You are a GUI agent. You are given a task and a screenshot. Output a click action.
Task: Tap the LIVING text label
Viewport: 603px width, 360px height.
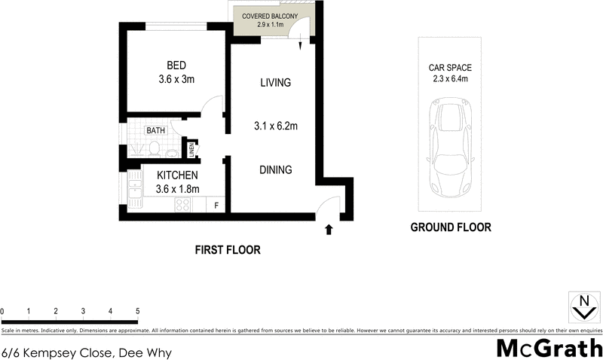click(275, 83)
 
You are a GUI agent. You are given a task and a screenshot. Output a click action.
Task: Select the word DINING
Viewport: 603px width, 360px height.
click(275, 169)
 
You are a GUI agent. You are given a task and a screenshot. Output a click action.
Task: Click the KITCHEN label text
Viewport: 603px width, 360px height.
click(177, 175)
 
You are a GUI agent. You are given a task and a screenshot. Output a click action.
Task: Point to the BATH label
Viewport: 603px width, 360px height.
click(155, 130)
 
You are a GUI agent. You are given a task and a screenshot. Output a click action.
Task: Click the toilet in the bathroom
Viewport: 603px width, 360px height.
click(155, 151)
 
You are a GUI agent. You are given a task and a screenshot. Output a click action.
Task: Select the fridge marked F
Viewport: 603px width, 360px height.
click(217, 205)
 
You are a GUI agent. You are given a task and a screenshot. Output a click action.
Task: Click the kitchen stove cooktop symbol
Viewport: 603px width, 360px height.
click(182, 204)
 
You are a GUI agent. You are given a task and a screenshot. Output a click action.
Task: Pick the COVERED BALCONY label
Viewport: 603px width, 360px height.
click(271, 17)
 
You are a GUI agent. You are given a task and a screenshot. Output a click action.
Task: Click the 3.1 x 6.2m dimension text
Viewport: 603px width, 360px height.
click(275, 127)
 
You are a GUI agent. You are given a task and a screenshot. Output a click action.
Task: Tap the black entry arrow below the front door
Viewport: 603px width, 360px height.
click(329, 229)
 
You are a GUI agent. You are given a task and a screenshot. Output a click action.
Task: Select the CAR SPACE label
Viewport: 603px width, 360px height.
click(450, 68)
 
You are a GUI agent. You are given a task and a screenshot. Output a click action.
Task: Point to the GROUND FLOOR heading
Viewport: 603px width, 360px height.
click(450, 227)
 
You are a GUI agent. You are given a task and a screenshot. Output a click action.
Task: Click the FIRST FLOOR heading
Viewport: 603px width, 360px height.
click(227, 250)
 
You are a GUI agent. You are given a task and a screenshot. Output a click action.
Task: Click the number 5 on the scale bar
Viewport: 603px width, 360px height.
click(137, 311)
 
